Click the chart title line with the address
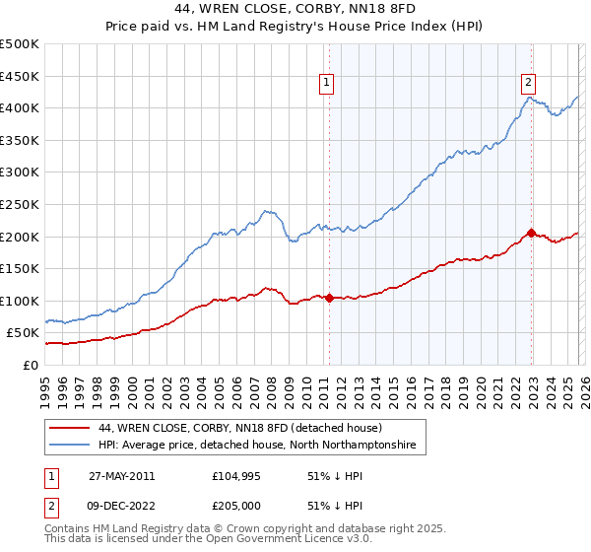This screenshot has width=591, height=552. [x=295, y=9]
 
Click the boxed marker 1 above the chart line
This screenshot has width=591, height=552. [x=327, y=83]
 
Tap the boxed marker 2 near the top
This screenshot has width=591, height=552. [x=529, y=83]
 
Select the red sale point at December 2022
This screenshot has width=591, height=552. [x=531, y=233]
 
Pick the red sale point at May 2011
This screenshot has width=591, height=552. [x=329, y=298]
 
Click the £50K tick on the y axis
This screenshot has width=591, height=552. [x=23, y=333]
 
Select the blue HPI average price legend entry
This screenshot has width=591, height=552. [x=256, y=446]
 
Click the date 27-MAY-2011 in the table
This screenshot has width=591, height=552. [x=121, y=475]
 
